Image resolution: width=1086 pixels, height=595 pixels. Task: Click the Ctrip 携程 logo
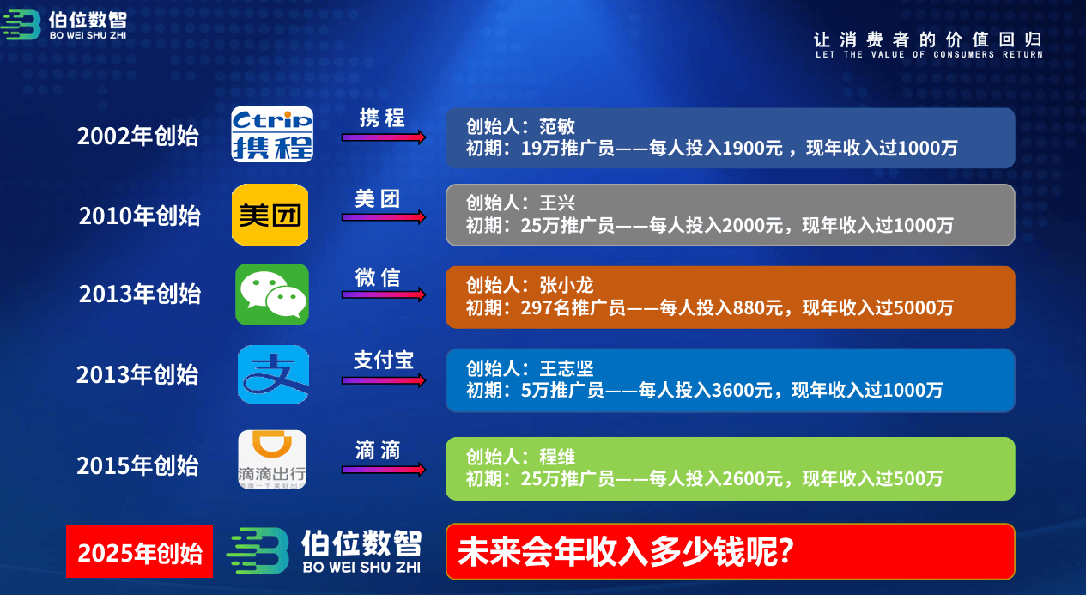272,134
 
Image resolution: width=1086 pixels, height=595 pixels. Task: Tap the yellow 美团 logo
270,215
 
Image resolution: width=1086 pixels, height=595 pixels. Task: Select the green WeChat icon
272,294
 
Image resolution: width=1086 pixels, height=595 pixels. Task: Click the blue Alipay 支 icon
274,374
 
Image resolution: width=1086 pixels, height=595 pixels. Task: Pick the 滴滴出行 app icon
272,459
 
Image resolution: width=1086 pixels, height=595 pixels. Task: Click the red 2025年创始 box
140,552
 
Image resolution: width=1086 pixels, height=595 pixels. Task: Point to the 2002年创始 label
138,136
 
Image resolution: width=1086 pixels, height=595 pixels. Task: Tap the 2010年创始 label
140,216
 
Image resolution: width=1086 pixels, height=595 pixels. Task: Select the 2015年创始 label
138,465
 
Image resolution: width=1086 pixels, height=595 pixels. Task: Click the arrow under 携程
384,137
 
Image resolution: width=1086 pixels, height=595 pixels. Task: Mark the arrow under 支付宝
384,380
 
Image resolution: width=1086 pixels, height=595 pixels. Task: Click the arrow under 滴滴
384,470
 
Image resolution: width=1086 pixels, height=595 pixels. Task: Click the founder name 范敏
557,126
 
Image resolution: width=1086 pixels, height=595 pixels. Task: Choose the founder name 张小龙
567,286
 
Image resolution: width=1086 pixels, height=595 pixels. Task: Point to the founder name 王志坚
567,368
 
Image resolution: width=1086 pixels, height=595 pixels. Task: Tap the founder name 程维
557,457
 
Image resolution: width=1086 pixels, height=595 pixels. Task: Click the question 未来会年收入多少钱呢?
626,552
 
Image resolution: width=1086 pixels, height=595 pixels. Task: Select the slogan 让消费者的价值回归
928,39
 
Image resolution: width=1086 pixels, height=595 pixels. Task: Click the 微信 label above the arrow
378,278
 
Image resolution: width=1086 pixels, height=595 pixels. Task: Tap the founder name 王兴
557,203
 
